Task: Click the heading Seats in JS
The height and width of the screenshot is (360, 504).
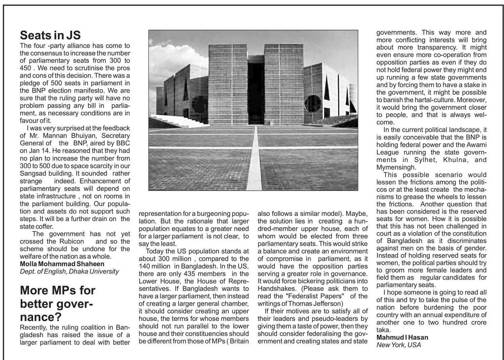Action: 50,35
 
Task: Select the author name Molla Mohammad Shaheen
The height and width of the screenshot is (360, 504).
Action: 62,264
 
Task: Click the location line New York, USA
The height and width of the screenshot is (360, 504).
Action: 398,345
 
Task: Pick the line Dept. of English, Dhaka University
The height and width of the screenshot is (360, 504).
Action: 69,271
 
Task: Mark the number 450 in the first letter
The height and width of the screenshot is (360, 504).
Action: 26,68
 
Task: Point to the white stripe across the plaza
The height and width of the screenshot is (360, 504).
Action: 255,159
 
